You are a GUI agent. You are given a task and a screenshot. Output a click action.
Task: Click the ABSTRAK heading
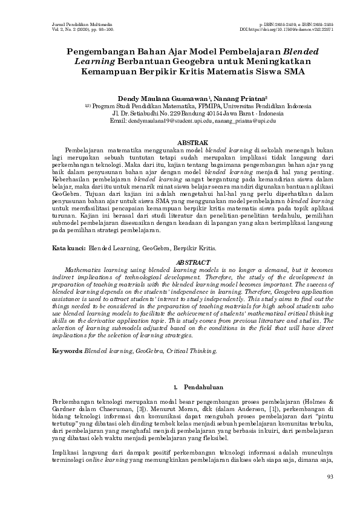[x=180, y=140]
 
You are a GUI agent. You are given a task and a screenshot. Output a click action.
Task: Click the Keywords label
[x=67, y=350]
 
